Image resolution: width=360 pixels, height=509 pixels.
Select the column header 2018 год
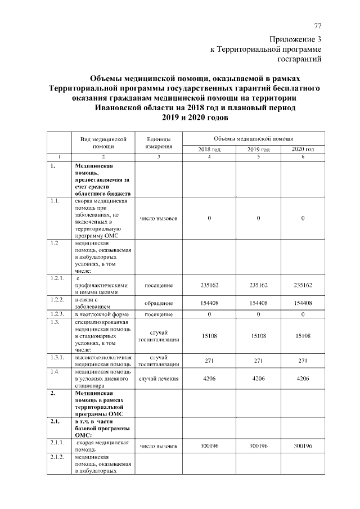209,149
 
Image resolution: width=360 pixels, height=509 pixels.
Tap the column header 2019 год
259,149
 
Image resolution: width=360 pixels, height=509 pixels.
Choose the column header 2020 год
303,149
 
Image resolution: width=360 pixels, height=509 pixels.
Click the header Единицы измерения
159,142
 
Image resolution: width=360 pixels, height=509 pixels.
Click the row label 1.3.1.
57,357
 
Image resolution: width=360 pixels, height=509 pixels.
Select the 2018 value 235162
209,285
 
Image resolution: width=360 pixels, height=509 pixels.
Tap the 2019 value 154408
259,303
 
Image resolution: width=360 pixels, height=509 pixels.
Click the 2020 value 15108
303,336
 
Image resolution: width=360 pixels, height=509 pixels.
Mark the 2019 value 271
259,361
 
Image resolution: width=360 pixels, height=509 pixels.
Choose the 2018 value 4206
209,379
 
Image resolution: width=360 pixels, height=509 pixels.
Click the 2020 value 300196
303,446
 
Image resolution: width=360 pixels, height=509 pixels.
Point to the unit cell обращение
159,303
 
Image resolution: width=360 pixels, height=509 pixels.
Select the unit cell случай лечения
159,379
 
